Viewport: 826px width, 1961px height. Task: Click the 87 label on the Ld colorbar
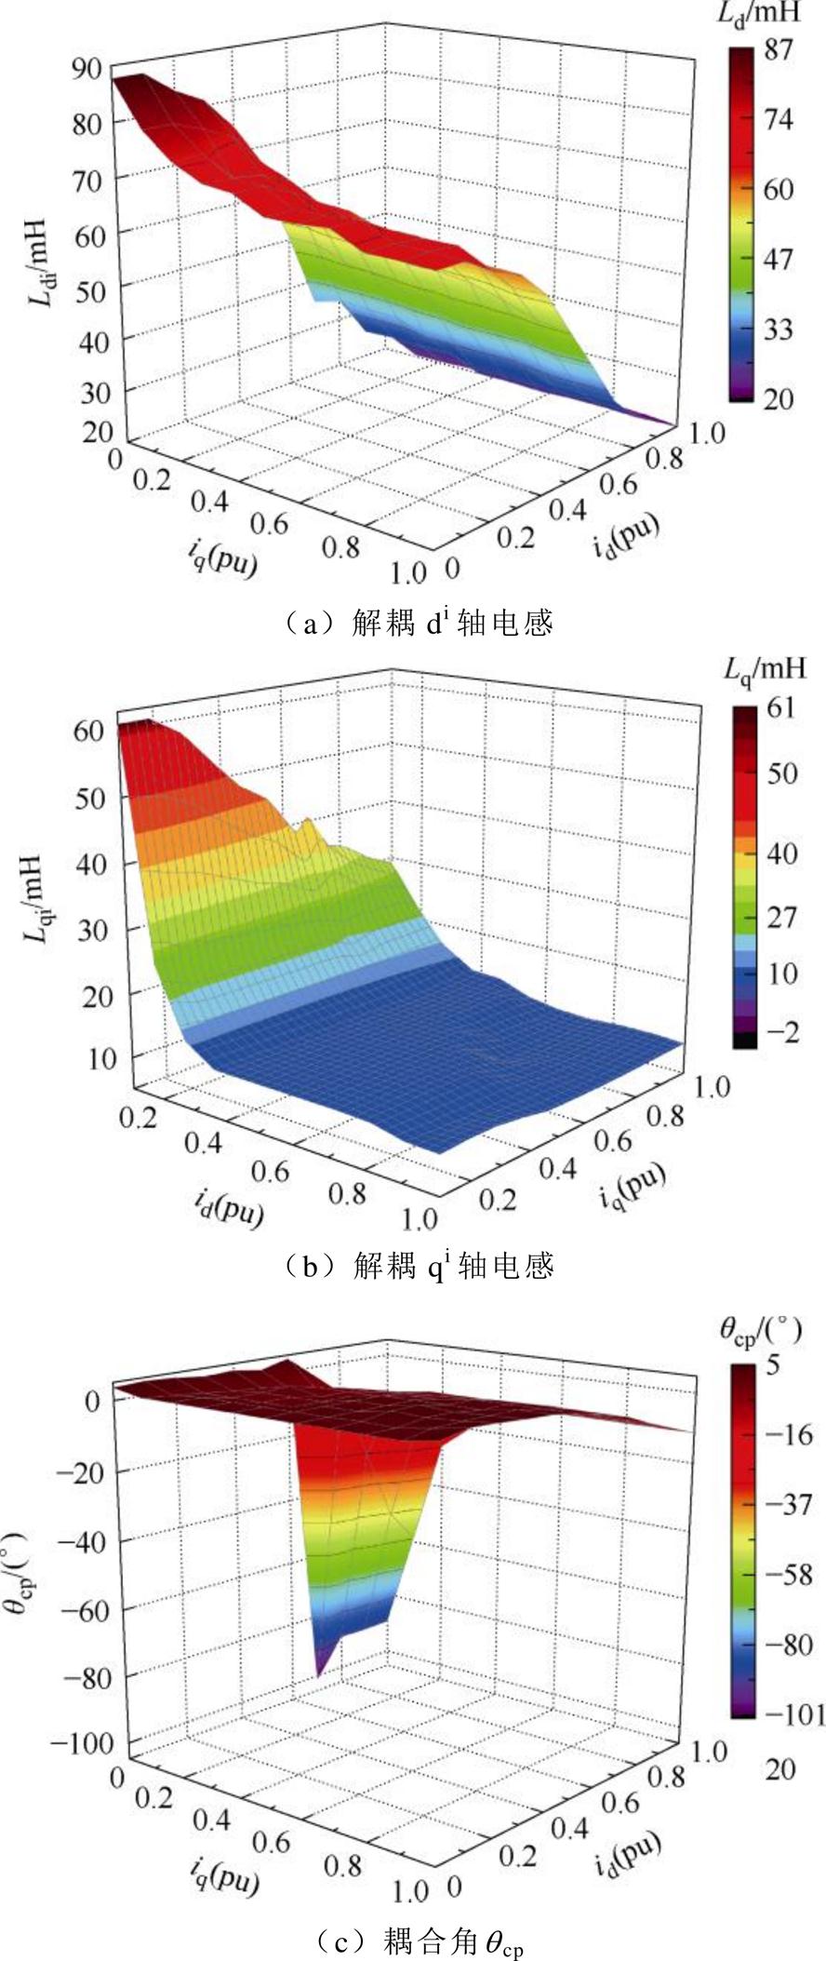(x=777, y=50)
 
